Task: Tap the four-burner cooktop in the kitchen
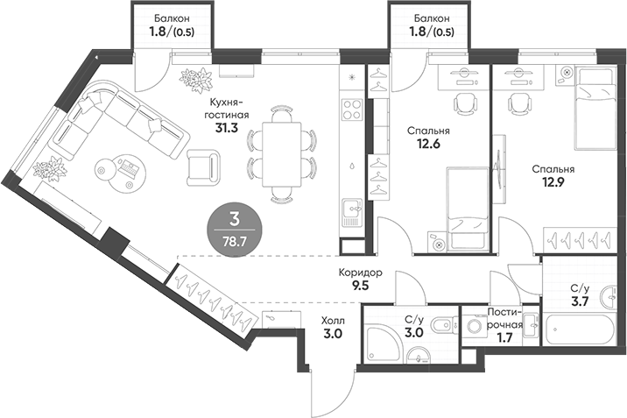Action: click(x=352, y=110)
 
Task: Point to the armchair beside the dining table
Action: click(x=205, y=164)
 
